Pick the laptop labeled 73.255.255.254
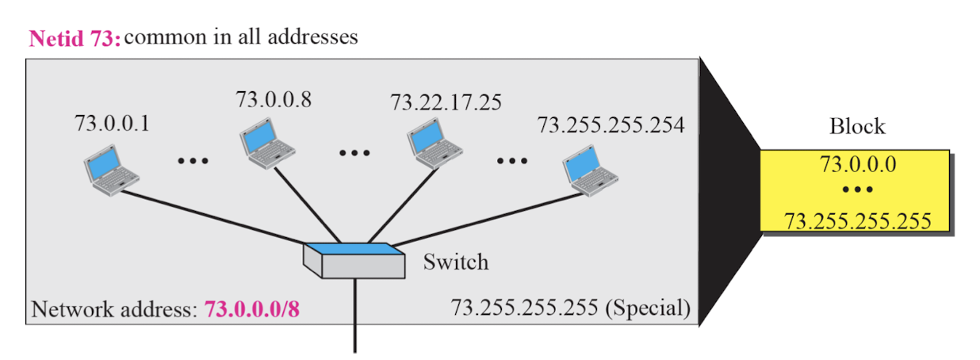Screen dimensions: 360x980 [589, 174]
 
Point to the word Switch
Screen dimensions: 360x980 [456, 261]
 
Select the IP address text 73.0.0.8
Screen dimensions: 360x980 [274, 98]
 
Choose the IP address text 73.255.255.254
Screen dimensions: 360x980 [611, 124]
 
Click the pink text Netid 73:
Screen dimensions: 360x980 [75, 39]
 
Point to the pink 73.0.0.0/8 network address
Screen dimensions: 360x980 [252, 309]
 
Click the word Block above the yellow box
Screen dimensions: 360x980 [857, 126]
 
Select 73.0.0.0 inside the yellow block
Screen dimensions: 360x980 [857, 165]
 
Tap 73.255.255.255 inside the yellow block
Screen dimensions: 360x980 [857, 220]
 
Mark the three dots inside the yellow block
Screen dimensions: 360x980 [857, 190]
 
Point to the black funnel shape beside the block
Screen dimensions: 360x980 [729, 190]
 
